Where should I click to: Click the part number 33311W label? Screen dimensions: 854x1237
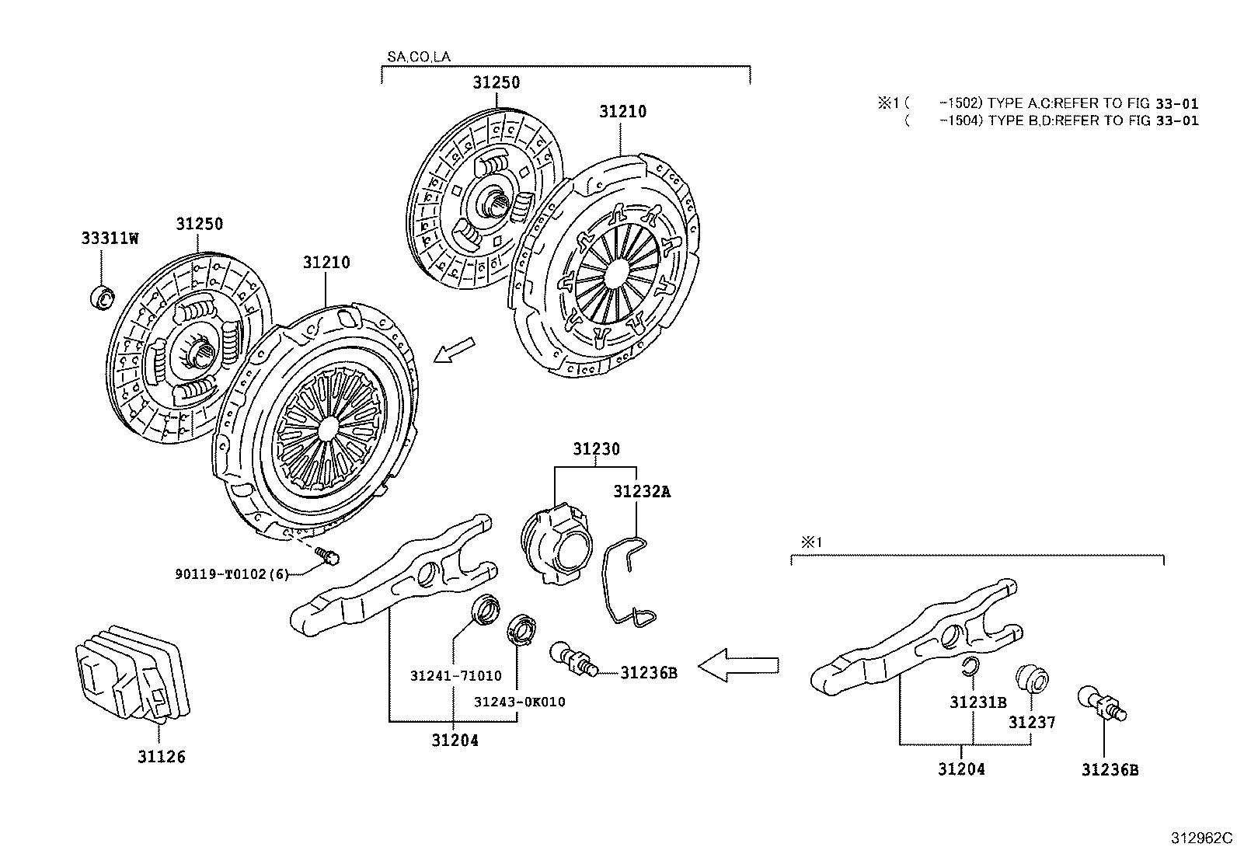tap(110, 239)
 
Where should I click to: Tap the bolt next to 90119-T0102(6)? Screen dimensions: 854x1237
tap(329, 556)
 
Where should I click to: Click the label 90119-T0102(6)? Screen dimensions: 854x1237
tap(232, 574)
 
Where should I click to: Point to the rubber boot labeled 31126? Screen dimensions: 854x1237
tap(132, 671)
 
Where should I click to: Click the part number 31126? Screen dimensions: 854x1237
tap(162, 756)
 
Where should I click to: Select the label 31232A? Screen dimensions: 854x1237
tap(641, 491)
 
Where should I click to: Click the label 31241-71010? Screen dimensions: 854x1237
tap(455, 676)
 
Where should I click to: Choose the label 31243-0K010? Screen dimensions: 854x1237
tap(520, 702)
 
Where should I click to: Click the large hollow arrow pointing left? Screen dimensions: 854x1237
tap(737, 665)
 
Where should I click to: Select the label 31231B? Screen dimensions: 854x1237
tap(977, 702)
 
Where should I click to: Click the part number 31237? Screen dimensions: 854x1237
tap(1032, 722)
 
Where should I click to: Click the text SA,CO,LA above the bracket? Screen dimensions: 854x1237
tap(418, 57)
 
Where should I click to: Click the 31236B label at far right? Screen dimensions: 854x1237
tap(1110, 770)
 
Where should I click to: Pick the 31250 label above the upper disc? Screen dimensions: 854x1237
tap(497, 82)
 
